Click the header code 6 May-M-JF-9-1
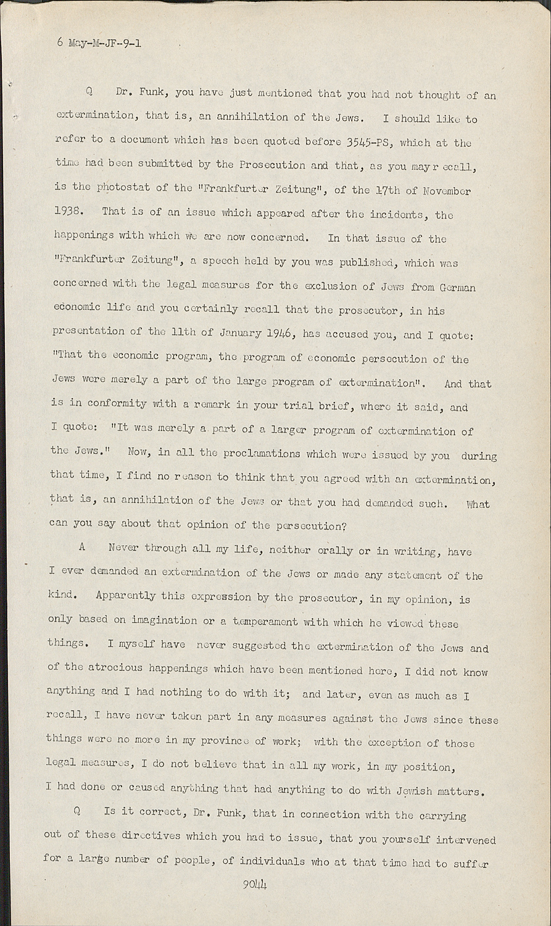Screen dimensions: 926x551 (x=99, y=43)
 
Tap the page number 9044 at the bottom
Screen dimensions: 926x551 (x=254, y=884)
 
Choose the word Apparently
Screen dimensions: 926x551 (x=125, y=596)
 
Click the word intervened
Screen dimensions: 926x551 (x=466, y=840)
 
